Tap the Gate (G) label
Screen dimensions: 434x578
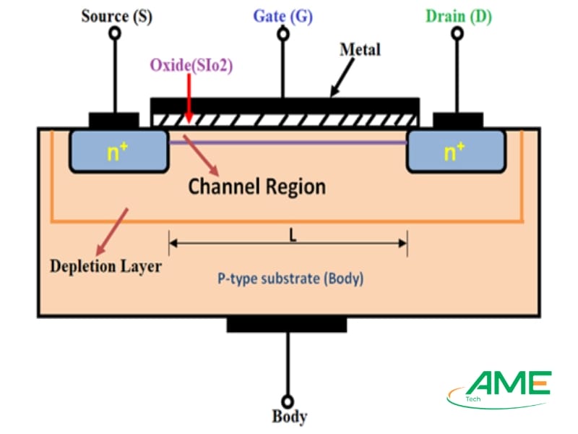coord(283,16)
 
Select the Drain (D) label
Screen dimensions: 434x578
coord(457,16)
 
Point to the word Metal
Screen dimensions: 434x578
coord(360,50)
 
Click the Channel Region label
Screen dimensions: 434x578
coord(256,187)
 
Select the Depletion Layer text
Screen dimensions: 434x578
coord(105,266)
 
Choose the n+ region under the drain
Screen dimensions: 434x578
coord(454,152)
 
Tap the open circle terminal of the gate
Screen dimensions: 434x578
coord(284,34)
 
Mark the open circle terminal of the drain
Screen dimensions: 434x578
coord(457,34)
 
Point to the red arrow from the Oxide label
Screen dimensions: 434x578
coord(188,98)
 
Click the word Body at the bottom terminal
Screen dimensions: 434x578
coord(289,417)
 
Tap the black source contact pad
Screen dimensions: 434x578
coord(113,120)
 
